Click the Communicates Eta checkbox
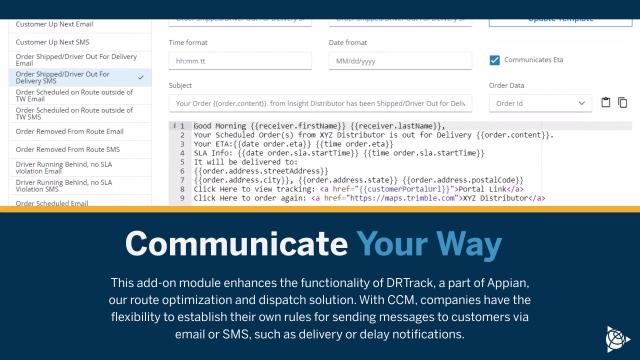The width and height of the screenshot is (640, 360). [495, 60]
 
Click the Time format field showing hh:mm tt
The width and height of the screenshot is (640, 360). [240, 61]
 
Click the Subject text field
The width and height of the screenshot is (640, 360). [320, 103]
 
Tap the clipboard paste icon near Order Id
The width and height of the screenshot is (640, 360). [606, 102]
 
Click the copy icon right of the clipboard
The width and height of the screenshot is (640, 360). [623, 102]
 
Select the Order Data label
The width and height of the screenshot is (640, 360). [506, 85]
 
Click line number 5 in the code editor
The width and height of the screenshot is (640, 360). [183, 162]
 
